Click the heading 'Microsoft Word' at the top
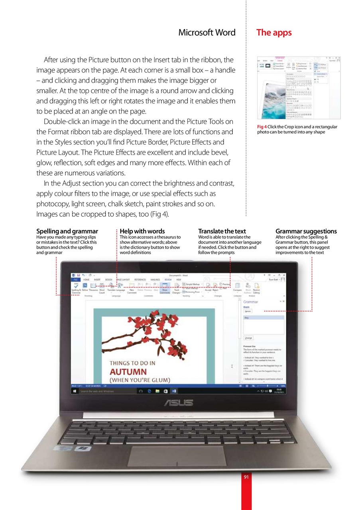[x=207, y=33]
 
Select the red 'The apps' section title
[x=274, y=33]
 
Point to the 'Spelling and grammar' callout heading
[x=67, y=231]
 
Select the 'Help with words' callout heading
[x=142, y=231]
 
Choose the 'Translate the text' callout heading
[x=222, y=231]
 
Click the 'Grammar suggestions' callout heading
[x=306, y=231]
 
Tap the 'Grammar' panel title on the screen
[x=250, y=302]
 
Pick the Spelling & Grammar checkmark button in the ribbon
[x=75, y=286]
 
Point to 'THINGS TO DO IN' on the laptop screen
[x=132, y=363]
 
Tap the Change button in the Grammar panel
[x=248, y=337]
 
